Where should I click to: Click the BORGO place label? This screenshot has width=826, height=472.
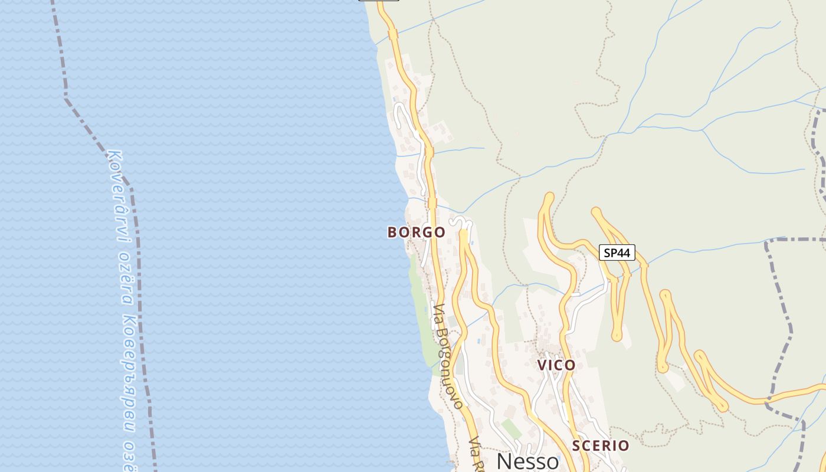(416, 232)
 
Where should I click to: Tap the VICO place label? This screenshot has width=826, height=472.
(556, 365)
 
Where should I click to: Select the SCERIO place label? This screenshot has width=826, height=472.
(601, 445)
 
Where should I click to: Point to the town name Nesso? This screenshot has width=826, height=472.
(527, 461)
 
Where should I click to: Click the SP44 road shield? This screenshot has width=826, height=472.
(617, 253)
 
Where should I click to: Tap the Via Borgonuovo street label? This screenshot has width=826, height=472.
(448, 356)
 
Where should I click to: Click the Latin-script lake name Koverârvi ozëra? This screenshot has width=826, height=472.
(122, 230)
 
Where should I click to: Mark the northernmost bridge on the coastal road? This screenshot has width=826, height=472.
(393, 35)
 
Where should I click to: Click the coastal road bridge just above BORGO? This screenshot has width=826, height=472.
(432, 203)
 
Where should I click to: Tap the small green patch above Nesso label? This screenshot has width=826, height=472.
(511, 428)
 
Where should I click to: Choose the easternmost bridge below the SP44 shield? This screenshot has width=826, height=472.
(644, 265)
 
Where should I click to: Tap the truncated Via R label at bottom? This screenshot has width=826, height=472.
(476, 454)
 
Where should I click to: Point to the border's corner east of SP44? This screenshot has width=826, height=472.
(766, 242)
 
